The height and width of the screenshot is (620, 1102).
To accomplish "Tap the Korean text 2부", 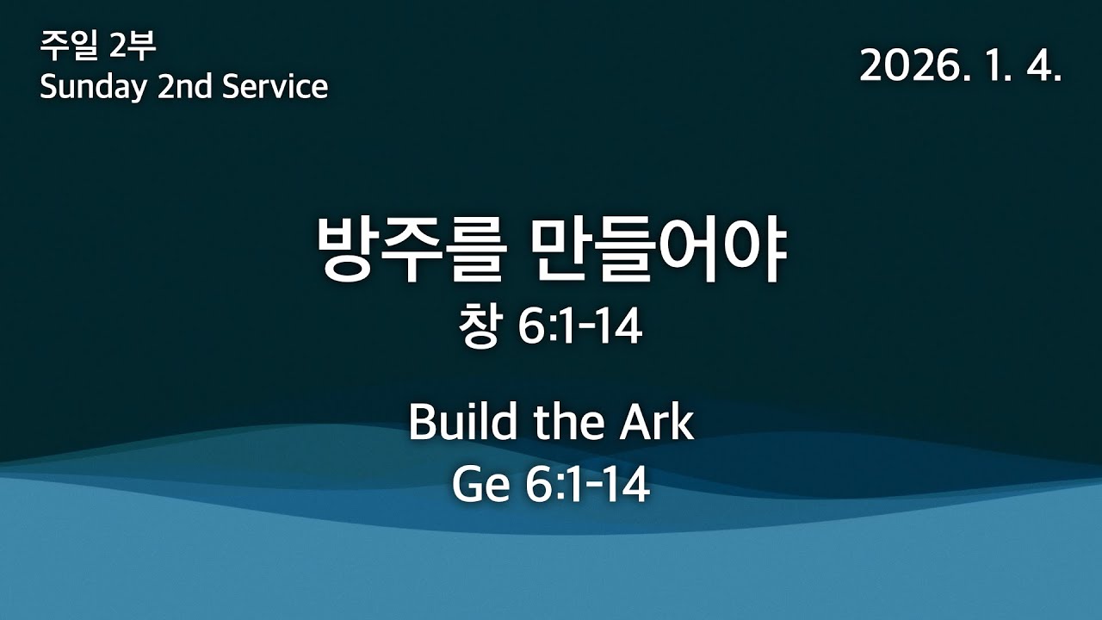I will pyautogui.click(x=133, y=46).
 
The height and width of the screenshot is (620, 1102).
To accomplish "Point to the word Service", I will pyautogui.click(x=275, y=87).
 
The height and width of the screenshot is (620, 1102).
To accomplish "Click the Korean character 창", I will pyautogui.click(x=479, y=329).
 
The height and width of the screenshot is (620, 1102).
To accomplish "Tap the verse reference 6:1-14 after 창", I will pyautogui.click(x=581, y=329).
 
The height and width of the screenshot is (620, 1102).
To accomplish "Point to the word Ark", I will pyautogui.click(x=659, y=423).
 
